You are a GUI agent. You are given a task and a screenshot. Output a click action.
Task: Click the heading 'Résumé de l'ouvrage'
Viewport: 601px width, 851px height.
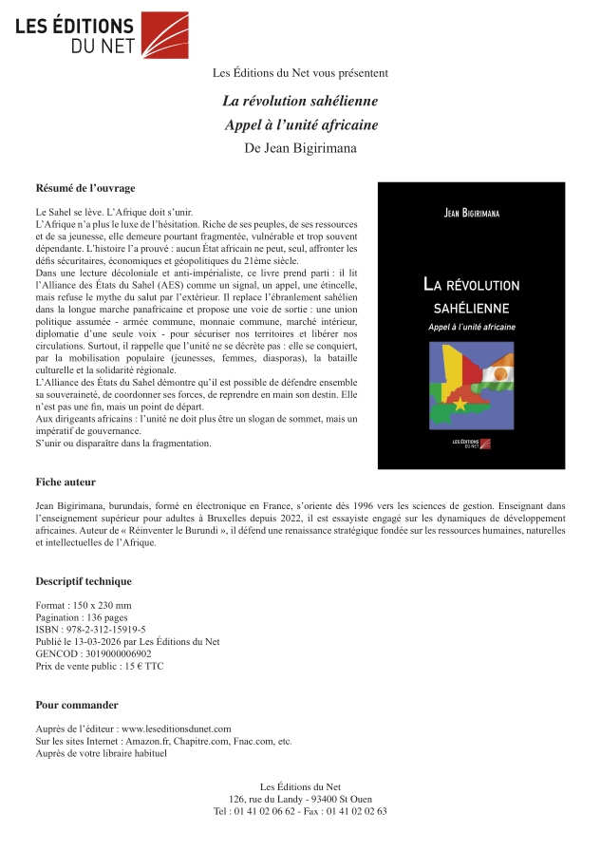(x=85, y=188)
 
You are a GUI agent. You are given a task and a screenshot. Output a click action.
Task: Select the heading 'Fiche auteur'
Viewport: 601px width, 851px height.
(x=66, y=482)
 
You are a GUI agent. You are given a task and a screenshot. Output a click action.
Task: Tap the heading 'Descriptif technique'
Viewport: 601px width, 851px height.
(x=84, y=581)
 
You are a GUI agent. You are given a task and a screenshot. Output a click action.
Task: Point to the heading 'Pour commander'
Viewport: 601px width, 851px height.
(x=77, y=705)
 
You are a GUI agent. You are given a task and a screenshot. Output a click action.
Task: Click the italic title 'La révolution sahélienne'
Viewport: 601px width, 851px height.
(x=300, y=101)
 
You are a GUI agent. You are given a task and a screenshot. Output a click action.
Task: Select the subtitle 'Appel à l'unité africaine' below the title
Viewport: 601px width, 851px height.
(x=300, y=124)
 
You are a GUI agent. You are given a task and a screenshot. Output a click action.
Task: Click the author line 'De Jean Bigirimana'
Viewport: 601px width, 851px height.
(x=300, y=147)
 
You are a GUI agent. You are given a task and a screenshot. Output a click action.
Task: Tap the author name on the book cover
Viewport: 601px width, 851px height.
(x=471, y=214)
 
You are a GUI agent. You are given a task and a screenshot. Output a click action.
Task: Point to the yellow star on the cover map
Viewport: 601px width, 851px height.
(x=462, y=404)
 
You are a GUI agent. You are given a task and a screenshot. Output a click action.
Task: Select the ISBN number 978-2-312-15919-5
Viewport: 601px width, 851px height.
(x=103, y=629)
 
